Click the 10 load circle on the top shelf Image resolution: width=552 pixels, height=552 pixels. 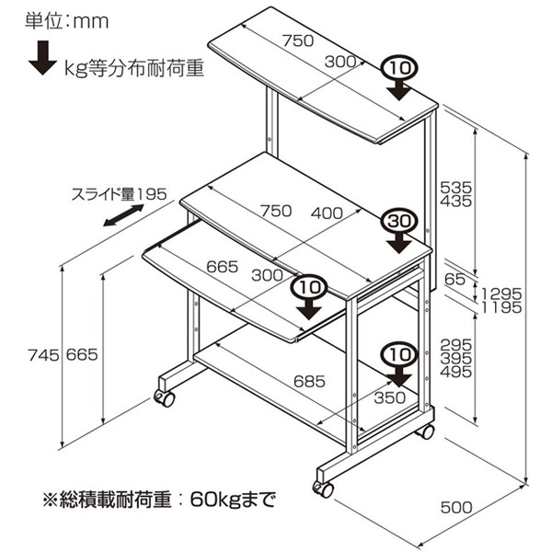(398, 69)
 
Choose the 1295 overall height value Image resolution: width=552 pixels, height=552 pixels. (502, 294)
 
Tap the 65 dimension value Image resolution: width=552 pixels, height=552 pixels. (454, 278)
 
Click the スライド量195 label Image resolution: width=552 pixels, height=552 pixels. (118, 194)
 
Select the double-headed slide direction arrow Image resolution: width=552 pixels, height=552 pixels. (123, 218)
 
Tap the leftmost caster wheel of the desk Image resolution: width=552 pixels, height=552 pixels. (164, 397)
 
